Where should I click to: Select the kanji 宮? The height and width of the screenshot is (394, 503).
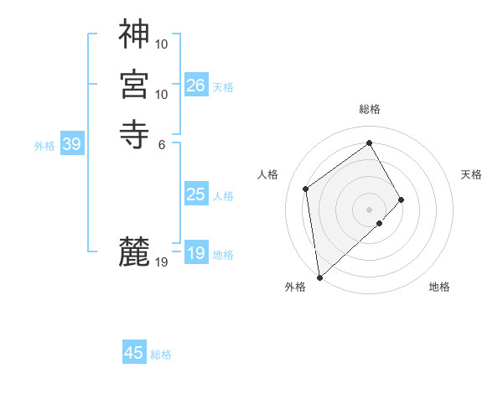click(135, 85)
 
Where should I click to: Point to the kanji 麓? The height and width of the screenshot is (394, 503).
click(135, 251)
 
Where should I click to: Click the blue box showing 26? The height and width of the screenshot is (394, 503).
click(196, 85)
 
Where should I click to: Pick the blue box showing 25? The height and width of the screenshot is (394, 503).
click(196, 194)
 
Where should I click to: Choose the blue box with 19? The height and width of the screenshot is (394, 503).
click(196, 253)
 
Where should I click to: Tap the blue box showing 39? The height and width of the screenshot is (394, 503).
click(71, 144)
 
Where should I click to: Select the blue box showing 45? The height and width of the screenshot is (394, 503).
click(134, 353)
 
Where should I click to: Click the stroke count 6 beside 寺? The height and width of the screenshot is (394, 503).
click(162, 144)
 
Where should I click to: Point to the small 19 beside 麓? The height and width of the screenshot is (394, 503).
click(162, 262)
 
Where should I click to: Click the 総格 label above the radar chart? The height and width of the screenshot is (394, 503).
click(370, 109)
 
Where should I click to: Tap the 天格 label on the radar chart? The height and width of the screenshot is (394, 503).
click(471, 174)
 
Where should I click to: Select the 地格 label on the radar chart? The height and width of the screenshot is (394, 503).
click(439, 287)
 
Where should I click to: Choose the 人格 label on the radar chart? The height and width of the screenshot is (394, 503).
click(267, 174)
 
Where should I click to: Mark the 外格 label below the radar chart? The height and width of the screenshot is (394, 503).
click(295, 287)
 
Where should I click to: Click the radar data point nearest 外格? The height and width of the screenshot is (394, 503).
click(319, 277)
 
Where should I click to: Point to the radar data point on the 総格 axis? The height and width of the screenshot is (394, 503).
click(370, 143)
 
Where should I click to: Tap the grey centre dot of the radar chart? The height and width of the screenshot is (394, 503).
click(369, 209)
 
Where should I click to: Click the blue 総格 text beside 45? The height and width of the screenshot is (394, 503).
click(161, 355)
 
